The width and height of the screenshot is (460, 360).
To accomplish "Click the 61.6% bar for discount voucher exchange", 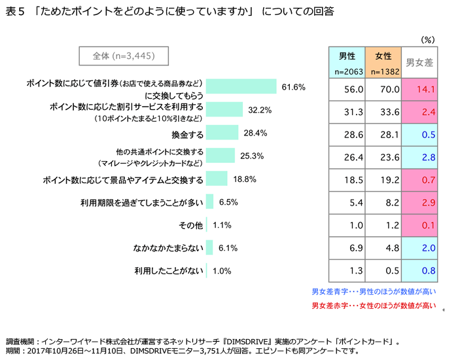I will [241, 86].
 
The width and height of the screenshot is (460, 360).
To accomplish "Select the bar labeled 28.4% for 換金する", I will [222, 133].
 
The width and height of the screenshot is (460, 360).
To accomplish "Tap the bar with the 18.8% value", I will [217, 179].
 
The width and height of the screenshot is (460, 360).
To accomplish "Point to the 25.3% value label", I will [251, 156].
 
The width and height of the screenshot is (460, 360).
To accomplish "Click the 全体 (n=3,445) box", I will [124, 56].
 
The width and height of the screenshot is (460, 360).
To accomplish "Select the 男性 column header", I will [347, 62].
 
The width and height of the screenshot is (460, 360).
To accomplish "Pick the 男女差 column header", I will [419, 63].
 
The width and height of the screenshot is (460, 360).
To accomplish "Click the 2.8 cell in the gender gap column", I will [419, 157].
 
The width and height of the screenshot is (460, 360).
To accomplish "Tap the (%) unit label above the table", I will [428, 39].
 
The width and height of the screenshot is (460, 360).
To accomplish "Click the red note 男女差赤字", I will [374, 305].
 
